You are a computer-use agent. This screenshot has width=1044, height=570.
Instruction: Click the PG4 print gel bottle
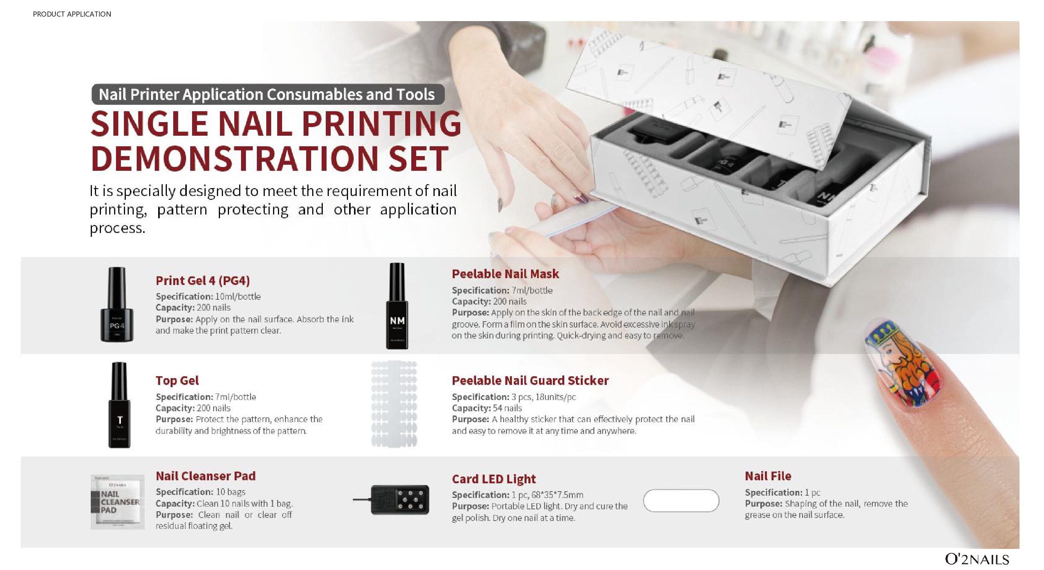pyautogui.click(x=117, y=304)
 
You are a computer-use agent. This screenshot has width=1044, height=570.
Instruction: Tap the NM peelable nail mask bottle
pyautogui.click(x=397, y=306)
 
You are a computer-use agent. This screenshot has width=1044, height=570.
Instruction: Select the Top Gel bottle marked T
pyautogui.click(x=119, y=405)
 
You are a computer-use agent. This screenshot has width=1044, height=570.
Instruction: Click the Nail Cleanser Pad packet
pyautogui.click(x=118, y=502)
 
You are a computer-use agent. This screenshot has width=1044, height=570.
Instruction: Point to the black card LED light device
pyautogui.click(x=400, y=500)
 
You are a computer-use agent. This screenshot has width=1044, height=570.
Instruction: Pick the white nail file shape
pyautogui.click(x=681, y=501)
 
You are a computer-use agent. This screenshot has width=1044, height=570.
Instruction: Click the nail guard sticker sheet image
pyautogui.click(x=394, y=404)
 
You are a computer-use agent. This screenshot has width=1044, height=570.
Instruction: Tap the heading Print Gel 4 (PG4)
pyautogui.click(x=203, y=280)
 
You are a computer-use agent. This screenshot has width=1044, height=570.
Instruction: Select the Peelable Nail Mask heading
pyautogui.click(x=505, y=274)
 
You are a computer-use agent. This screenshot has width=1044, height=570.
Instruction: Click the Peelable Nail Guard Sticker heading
pyautogui.click(x=530, y=380)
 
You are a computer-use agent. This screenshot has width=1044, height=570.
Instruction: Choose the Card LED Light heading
pyautogui.click(x=494, y=479)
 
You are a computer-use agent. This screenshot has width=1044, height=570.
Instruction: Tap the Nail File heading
pyautogui.click(x=768, y=476)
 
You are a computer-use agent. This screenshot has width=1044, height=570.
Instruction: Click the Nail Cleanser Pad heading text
pyautogui.click(x=206, y=476)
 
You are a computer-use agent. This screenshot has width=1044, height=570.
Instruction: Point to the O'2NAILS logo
pyautogui.click(x=977, y=559)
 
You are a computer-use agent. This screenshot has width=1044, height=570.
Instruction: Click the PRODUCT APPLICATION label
pyautogui.click(x=72, y=14)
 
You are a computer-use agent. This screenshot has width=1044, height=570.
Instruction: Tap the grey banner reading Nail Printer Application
pyautogui.click(x=268, y=94)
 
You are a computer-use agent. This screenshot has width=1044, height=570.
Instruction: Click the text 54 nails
pyautogui.click(x=507, y=408)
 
